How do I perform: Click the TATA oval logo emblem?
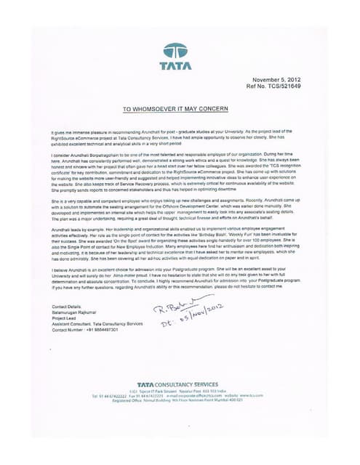[x=175, y=51]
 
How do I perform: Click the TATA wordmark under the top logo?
[x=175, y=66]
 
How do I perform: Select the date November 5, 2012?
[x=276, y=78]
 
